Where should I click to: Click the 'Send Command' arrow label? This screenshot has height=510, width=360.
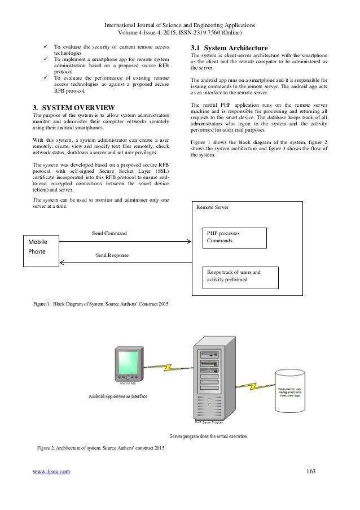point(109,233)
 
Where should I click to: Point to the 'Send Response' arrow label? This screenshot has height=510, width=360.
point(112,255)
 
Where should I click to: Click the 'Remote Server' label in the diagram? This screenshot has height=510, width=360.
point(212,207)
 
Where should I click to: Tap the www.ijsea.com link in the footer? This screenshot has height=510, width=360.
point(51,470)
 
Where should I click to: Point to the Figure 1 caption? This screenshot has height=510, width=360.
point(101,304)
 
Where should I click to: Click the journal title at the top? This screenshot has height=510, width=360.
point(180,26)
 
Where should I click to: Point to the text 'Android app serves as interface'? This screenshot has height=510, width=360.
point(117,396)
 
